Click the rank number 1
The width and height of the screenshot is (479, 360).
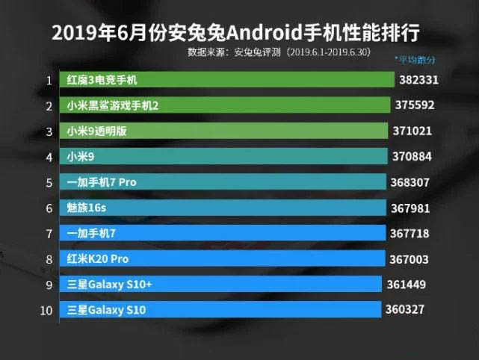[49, 80]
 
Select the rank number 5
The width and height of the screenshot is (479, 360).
[49, 182]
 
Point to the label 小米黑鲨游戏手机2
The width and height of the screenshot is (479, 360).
[113, 105]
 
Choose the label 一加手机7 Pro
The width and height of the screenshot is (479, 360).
[101, 182]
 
